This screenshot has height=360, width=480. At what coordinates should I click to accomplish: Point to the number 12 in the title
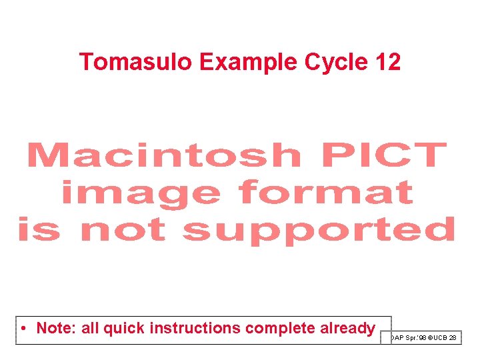388,62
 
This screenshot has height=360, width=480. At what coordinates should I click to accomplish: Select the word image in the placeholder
141,193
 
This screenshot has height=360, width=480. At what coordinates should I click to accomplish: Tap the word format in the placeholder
326,193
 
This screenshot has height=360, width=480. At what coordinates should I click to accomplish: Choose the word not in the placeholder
122,230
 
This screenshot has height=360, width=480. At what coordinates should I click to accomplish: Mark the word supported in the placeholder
319,230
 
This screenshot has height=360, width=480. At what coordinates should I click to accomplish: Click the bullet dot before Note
23,329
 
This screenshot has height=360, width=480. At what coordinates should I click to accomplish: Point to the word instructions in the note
195,329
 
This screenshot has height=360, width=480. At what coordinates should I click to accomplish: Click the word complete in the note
277,329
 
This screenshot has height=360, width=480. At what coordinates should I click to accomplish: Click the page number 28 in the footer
453,338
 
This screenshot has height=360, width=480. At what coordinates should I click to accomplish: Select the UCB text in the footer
439,338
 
